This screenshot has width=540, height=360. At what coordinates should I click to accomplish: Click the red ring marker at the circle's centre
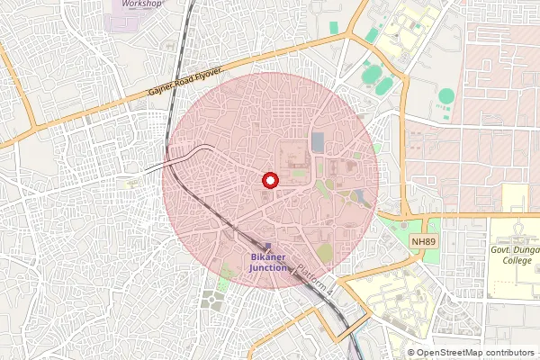point(268,180)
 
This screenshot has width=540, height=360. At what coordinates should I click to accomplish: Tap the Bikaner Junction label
point(267,261)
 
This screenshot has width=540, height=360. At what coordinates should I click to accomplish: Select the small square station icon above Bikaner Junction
point(267,245)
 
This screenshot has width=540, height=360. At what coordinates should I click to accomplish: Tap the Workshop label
point(141,4)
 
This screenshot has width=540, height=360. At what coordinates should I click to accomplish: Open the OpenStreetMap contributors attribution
point(475,353)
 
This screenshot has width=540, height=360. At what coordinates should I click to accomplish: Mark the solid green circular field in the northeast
point(446,95)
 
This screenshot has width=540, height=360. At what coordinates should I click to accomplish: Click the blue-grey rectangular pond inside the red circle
point(317,142)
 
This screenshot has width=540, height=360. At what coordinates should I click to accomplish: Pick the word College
point(517,261)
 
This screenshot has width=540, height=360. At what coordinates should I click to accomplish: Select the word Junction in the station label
point(267,267)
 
